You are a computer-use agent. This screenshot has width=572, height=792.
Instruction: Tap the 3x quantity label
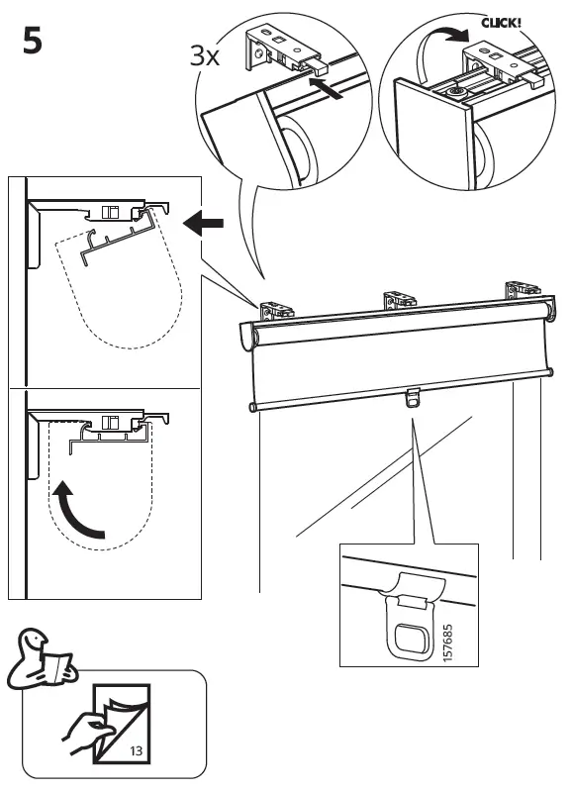click(207, 56)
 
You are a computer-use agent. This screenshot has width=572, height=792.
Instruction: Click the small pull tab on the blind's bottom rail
click(413, 400)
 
